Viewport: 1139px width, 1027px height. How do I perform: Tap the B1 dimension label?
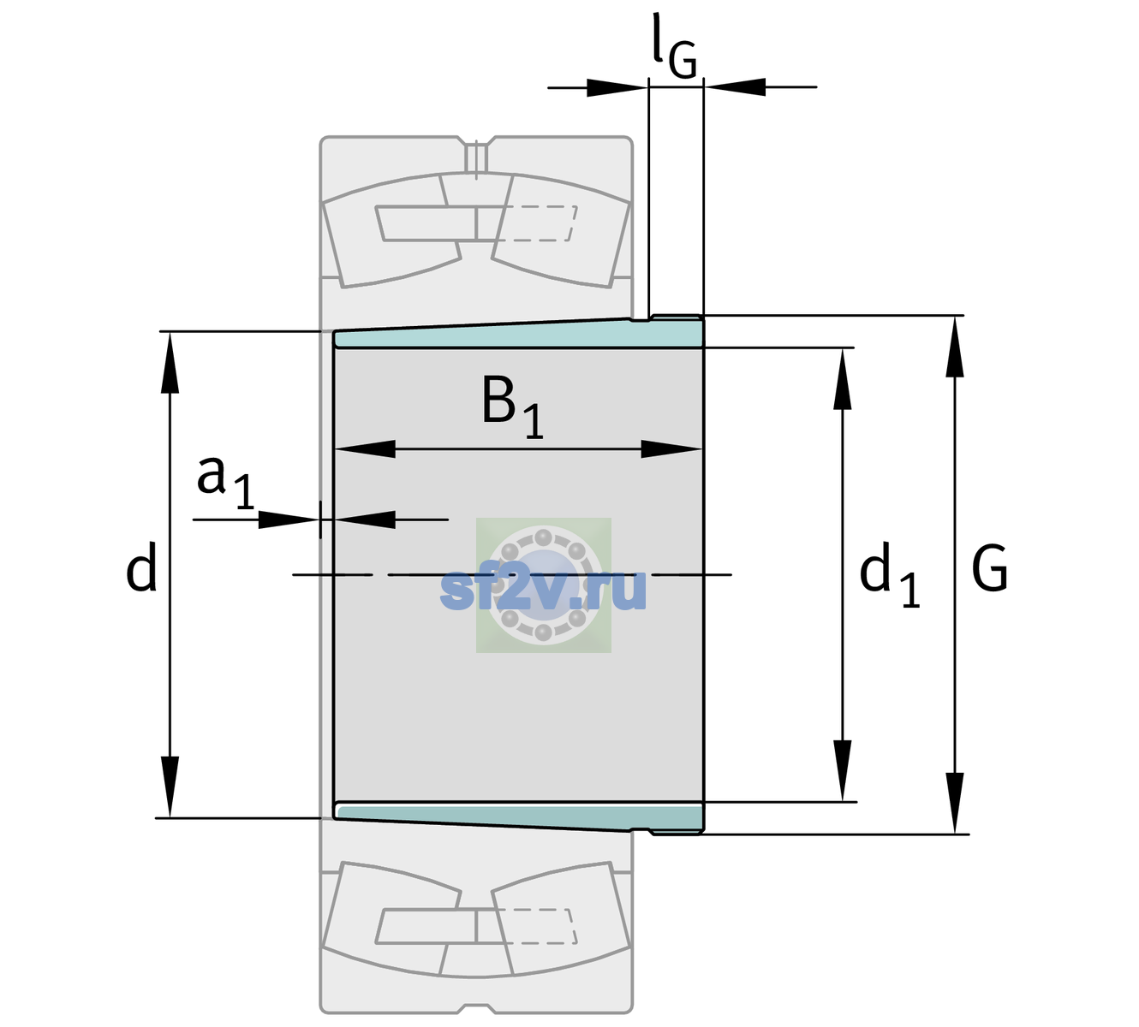tap(512, 407)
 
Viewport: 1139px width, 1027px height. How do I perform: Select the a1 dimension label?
tap(225, 482)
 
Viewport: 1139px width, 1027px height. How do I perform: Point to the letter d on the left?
tap(140, 567)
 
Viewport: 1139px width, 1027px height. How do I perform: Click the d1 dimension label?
tap(889, 573)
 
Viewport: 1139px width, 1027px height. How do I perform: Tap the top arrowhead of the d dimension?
tap(170, 362)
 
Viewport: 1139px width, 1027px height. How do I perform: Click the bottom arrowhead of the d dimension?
tap(170, 787)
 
